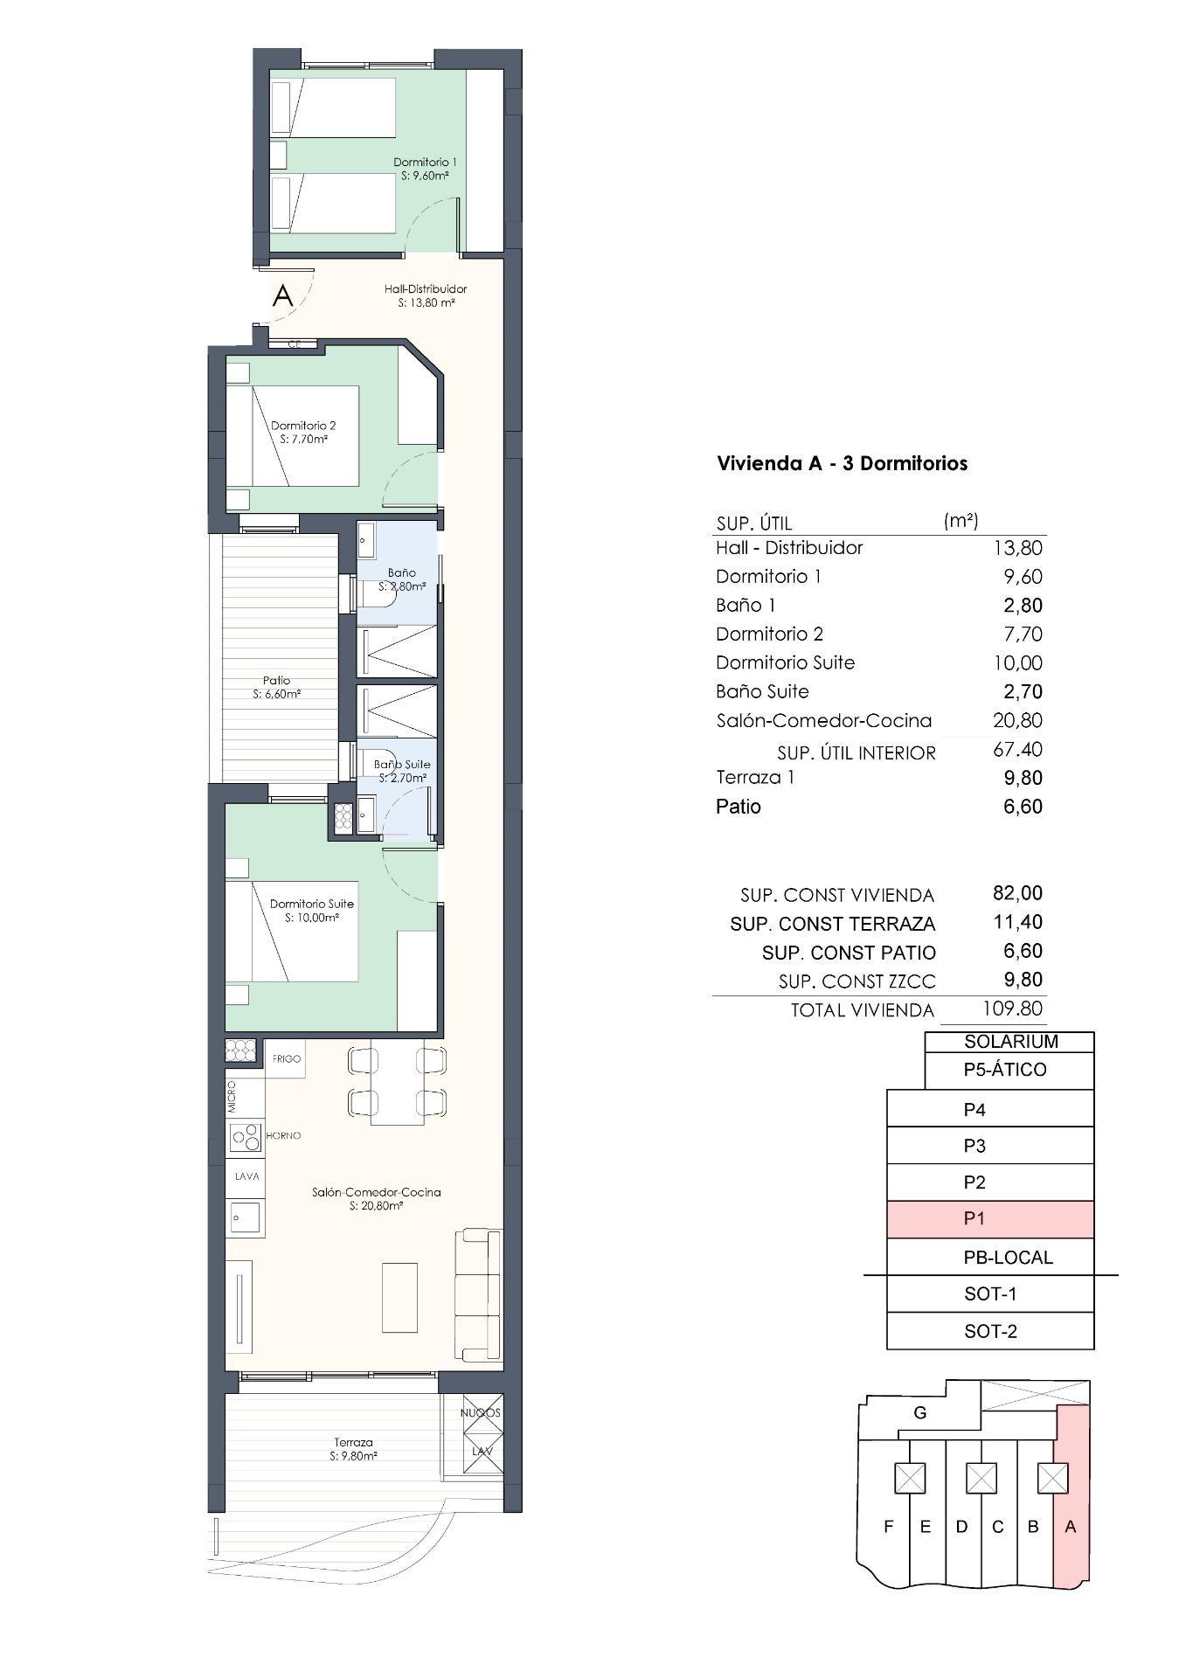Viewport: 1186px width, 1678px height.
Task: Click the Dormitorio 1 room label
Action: point(425,168)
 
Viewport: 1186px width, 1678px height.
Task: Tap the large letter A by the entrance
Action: point(282,295)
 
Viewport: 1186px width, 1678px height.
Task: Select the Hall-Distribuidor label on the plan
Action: point(426,295)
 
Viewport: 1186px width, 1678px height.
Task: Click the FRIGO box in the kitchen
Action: point(286,1058)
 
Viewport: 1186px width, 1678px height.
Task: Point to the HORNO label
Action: point(283,1135)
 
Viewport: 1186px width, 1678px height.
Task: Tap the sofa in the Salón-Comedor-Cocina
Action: point(478,1295)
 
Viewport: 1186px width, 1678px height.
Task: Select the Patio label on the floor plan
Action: point(276,687)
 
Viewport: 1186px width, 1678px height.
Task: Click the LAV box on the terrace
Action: point(482,1451)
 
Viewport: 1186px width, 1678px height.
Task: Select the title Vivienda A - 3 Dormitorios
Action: point(842,463)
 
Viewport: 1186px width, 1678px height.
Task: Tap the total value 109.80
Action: point(1012,1008)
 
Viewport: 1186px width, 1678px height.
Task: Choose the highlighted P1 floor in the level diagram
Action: point(990,1218)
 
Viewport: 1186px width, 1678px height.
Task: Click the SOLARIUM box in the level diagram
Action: point(1010,1041)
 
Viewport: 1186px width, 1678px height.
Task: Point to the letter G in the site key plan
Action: point(919,1412)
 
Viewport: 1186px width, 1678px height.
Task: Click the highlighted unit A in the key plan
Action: point(1072,1527)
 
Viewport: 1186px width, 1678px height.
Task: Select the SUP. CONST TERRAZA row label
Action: point(832,924)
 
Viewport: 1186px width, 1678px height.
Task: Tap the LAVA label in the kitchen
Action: point(246,1176)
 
